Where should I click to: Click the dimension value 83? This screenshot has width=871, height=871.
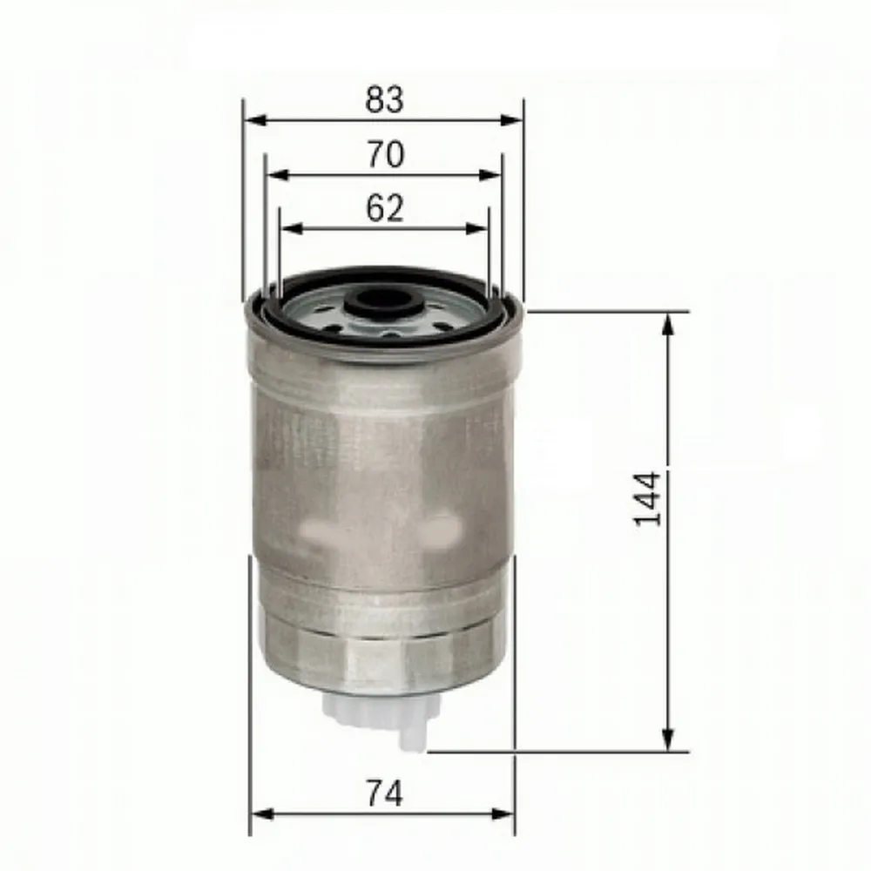tap(384, 100)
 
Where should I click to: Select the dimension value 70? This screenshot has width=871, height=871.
tap(384, 154)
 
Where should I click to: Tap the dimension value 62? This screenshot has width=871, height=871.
tap(384, 208)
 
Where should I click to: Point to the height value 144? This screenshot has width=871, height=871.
tap(648, 499)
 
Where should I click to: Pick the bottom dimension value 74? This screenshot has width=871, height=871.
tap(383, 793)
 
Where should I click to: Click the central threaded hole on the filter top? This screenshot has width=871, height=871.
tap(381, 304)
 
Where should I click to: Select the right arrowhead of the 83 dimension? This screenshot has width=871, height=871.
tap(516, 122)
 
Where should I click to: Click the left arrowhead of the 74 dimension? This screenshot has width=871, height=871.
tap(259, 815)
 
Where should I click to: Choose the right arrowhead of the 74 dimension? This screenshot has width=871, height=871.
tap(507, 815)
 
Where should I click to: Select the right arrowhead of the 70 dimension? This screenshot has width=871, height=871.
tap(494, 175)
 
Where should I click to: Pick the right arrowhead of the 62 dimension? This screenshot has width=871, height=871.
tap(481, 229)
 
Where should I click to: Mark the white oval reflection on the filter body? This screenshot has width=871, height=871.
tap(441, 527)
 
